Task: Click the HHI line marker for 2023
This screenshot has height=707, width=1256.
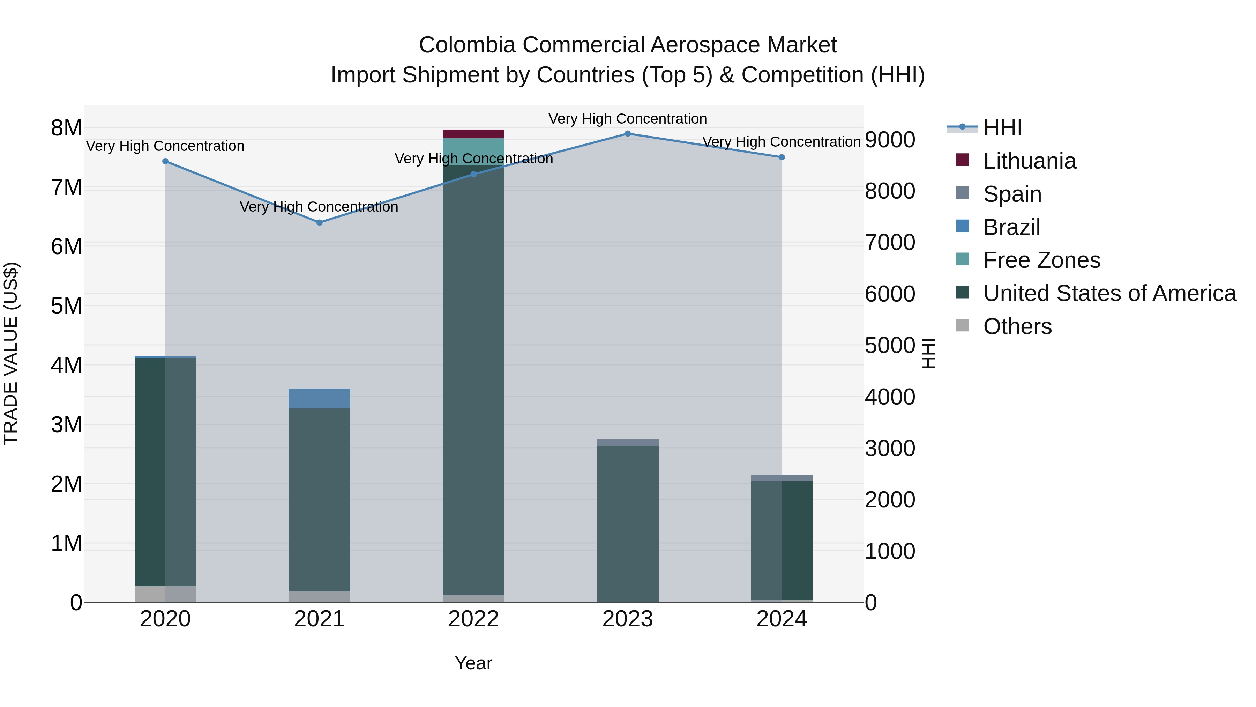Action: click(628, 134)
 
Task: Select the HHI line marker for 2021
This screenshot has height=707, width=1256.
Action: click(319, 222)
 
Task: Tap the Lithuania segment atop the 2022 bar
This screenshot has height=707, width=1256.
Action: click(473, 134)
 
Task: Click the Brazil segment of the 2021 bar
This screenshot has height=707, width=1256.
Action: click(319, 398)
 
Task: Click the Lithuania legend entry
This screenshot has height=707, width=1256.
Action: click(1029, 161)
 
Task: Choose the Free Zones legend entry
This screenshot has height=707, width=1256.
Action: click(1041, 260)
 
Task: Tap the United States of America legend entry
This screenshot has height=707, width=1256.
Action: click(1109, 293)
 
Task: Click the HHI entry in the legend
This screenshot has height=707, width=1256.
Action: click(1002, 128)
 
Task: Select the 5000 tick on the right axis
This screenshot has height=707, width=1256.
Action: click(890, 345)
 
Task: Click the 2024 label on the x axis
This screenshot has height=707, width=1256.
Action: click(782, 619)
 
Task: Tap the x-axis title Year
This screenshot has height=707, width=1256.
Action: click(473, 663)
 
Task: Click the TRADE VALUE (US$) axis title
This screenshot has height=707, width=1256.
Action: click(11, 353)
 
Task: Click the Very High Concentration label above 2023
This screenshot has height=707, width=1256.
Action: click(628, 119)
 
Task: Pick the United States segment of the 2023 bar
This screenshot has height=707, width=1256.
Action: click(628, 522)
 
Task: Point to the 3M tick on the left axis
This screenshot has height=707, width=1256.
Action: click(66, 425)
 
